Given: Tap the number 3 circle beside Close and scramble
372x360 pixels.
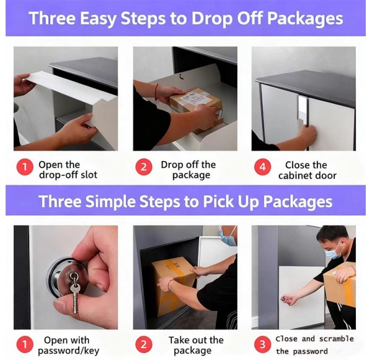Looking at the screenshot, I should (262, 344).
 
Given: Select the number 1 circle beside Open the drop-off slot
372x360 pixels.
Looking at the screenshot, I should (25, 167).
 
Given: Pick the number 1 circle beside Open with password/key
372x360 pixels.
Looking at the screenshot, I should (25, 344).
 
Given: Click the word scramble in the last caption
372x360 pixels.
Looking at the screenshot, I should (337, 338).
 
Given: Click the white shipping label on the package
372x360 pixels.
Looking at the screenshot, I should (194, 98).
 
